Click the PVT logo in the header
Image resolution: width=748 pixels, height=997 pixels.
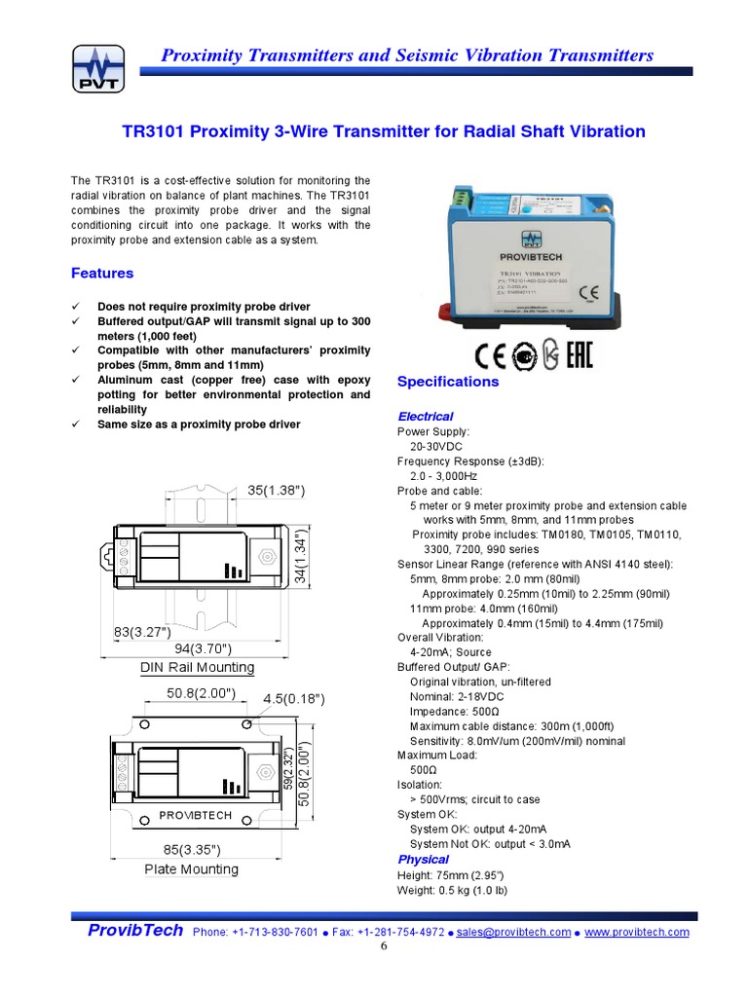[99, 68]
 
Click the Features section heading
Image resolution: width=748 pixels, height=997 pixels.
[102, 274]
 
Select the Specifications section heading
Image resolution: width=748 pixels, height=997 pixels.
[448, 382]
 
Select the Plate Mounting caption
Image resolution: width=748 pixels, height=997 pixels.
[191, 869]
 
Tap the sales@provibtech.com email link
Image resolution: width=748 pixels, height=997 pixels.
[513, 932]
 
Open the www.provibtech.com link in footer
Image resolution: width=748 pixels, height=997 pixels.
[637, 932]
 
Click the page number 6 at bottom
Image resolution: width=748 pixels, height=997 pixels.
[384, 946]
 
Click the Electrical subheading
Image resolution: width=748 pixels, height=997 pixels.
[426, 416]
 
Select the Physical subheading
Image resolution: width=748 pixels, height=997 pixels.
[424, 860]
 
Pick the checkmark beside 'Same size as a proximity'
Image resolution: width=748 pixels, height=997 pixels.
[76, 425]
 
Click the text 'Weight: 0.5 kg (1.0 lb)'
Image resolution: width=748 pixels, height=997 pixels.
[452, 890]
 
